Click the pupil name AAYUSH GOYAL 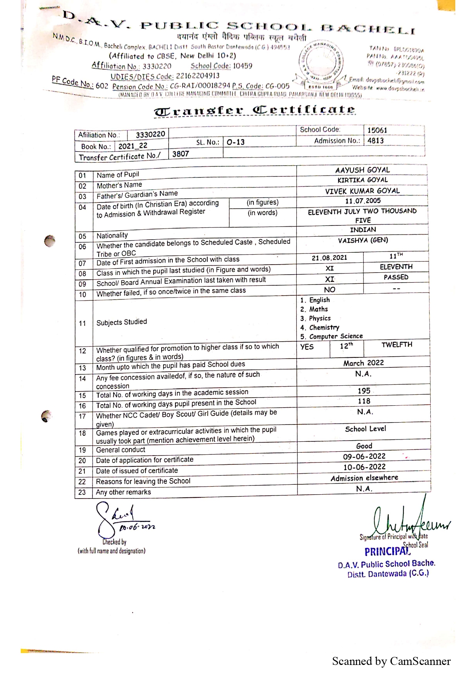(362, 170)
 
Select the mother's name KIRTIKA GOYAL (362, 180)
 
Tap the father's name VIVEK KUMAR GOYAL (362, 191)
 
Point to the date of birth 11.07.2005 (362, 201)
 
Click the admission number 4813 (375, 140)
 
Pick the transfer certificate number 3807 (180, 154)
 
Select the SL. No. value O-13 (235, 142)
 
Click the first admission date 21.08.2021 (329, 258)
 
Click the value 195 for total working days (364, 391)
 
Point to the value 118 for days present (364, 401)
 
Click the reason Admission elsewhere (364, 478)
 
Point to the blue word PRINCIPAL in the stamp (387, 551)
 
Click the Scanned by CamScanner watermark (391, 661)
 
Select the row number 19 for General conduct (82, 450)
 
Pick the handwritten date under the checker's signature (137, 528)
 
